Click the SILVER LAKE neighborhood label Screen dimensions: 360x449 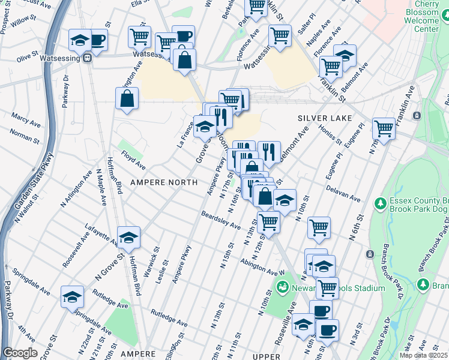325,118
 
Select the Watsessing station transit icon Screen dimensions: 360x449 88,58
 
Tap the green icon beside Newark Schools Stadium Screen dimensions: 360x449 283,288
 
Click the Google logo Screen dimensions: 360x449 20,353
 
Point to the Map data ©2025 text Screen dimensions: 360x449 423,355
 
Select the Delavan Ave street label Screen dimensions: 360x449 343,193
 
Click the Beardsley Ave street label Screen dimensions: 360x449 220,220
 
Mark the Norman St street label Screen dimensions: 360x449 25,139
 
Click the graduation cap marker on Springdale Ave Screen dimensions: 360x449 72,296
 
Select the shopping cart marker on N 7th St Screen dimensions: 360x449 384,128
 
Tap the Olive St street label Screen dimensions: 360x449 27,58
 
